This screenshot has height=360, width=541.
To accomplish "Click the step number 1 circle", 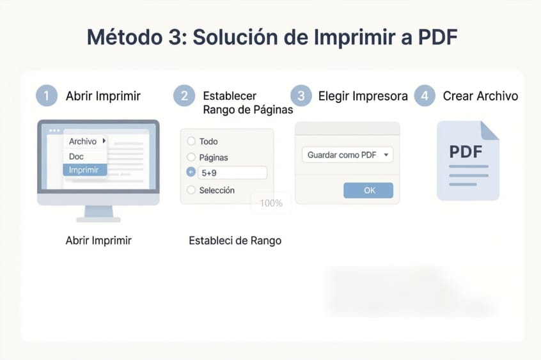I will click(x=46, y=97).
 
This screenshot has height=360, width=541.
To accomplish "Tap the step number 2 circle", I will click(x=184, y=97).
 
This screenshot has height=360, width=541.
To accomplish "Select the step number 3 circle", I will click(x=301, y=97).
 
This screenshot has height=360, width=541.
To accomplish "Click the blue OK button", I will click(x=368, y=190).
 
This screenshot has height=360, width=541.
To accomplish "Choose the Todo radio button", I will click(x=191, y=141).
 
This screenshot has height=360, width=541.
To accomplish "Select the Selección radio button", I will click(x=191, y=190).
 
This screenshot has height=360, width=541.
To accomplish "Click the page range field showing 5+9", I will click(x=232, y=173).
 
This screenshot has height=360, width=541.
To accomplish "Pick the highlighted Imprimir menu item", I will click(x=84, y=170).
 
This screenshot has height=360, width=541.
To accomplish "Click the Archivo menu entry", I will click(x=84, y=141).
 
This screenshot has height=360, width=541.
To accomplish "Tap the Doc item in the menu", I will click(x=77, y=156).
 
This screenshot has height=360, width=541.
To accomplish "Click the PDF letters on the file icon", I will click(x=466, y=152).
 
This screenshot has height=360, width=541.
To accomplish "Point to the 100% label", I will click(x=271, y=203).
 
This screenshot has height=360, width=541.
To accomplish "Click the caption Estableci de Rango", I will click(x=235, y=241).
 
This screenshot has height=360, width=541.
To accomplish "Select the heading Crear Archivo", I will click(x=480, y=97).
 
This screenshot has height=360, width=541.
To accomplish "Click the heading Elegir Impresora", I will click(x=363, y=97).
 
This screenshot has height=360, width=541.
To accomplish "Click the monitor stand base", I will click(x=98, y=219).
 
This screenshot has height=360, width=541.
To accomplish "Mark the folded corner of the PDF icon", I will click(x=490, y=130).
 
